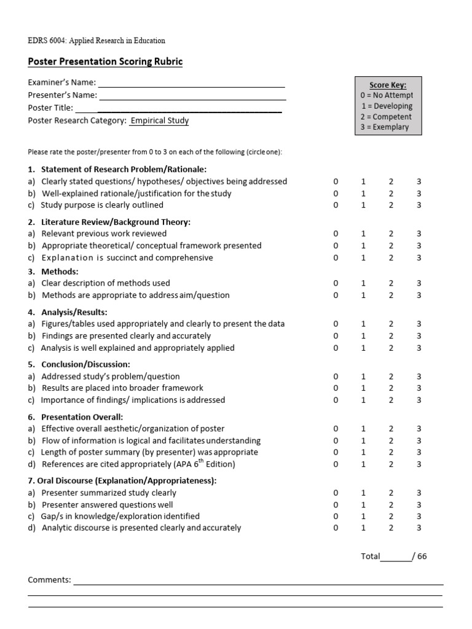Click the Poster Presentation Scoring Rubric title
pos(105,62)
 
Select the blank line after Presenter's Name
pos(192,96)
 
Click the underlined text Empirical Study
pos(159,121)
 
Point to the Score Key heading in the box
pos(387,85)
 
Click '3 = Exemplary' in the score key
pos(385,127)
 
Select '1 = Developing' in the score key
pos(387,106)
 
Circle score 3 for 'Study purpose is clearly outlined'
pos(419,205)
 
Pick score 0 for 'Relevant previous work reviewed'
pos(336,233)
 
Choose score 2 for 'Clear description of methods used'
pos(391,283)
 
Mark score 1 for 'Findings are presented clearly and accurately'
pos(363,336)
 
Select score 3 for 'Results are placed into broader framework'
pos(419,388)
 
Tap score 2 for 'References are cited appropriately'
pos(391,464)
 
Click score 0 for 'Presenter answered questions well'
pos(336,505)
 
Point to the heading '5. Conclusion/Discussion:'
pos(79,364)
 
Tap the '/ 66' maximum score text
pos(420,557)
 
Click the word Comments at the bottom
pos(50,580)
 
